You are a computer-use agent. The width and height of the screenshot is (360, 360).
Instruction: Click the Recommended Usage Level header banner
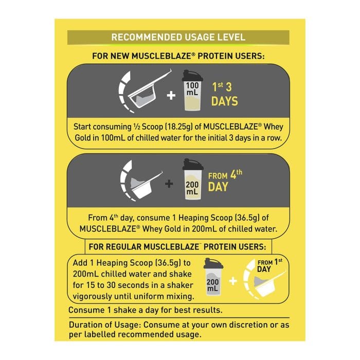coord(178,37)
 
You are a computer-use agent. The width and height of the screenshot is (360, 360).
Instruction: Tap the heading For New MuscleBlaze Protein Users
coord(178,56)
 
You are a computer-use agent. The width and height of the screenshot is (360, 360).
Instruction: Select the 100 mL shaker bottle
coord(192,91)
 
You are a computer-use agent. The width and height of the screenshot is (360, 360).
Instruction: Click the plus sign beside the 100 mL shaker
coord(171,96)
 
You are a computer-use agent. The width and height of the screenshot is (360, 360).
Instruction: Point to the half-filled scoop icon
coord(145,92)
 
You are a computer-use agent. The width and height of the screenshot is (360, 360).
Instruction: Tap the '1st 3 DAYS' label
coord(225,94)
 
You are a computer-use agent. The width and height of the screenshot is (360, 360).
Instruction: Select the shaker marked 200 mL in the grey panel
coord(193,179)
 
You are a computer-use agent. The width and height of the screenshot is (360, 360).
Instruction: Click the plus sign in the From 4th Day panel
coord(169,184)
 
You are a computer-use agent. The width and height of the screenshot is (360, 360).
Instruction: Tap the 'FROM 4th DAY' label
coord(225,181)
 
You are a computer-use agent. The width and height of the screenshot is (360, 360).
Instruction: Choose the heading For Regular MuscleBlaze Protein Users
coord(177,247)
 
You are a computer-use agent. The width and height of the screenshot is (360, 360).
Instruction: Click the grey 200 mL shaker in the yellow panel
coord(213,277)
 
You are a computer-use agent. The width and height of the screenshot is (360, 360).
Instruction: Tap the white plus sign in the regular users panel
coord(233,281)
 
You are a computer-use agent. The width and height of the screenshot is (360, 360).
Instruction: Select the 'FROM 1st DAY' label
coord(270,266)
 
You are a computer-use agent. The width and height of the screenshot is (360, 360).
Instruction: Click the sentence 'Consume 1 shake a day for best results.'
coord(146,310)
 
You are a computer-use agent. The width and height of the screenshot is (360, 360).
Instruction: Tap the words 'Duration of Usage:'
coord(105,325)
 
